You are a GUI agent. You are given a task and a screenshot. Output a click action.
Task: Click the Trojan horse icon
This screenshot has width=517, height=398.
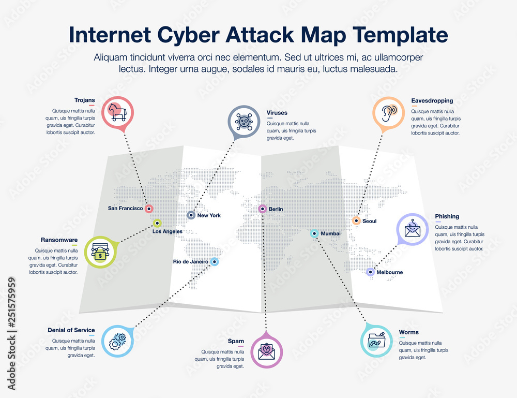117,112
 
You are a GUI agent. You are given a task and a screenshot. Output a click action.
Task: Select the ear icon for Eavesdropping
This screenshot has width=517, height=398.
389,113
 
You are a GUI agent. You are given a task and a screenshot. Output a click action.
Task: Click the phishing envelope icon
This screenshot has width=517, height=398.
412,229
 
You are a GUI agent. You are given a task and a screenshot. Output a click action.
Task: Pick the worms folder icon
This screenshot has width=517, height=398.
376,341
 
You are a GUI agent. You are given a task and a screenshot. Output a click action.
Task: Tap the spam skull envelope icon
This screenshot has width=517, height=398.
267,351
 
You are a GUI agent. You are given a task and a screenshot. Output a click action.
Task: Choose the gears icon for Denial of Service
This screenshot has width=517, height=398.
117,341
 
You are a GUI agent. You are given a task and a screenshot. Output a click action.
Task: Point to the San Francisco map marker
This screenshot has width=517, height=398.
149,209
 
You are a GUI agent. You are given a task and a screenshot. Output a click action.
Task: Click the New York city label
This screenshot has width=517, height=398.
209,215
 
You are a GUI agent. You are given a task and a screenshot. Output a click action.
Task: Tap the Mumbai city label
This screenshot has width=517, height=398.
331,234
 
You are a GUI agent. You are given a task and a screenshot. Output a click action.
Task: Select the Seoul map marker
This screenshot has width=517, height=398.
356,221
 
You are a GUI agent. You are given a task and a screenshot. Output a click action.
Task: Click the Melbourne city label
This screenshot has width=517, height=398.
389,272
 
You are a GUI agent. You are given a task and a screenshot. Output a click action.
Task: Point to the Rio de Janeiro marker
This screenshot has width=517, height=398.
215,262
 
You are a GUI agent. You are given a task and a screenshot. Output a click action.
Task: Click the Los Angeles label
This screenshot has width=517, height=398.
167,231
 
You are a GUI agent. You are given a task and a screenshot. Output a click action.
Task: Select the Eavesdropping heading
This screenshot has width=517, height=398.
432,100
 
